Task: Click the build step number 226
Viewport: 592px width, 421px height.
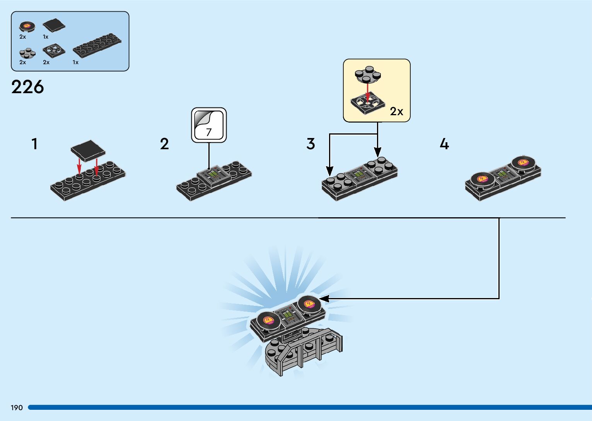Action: (x=27, y=87)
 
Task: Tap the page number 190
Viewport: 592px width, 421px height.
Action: (x=17, y=407)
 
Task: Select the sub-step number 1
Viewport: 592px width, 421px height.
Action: (x=35, y=144)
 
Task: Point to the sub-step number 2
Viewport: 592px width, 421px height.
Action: (x=164, y=144)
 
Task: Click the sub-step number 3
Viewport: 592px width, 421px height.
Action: (x=311, y=144)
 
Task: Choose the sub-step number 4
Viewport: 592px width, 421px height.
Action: (x=444, y=144)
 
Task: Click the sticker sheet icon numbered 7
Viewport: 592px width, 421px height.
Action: (x=209, y=125)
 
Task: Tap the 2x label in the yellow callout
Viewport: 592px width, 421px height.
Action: (x=396, y=112)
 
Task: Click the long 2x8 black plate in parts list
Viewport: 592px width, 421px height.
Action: (x=97, y=45)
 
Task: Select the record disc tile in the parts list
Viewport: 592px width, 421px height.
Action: (x=27, y=26)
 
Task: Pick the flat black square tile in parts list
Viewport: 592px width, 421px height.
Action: (x=53, y=26)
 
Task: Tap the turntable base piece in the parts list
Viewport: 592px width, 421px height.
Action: (x=53, y=51)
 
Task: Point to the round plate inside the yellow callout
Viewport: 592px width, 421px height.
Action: (x=368, y=74)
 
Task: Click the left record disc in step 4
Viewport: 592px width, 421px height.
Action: (x=482, y=179)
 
